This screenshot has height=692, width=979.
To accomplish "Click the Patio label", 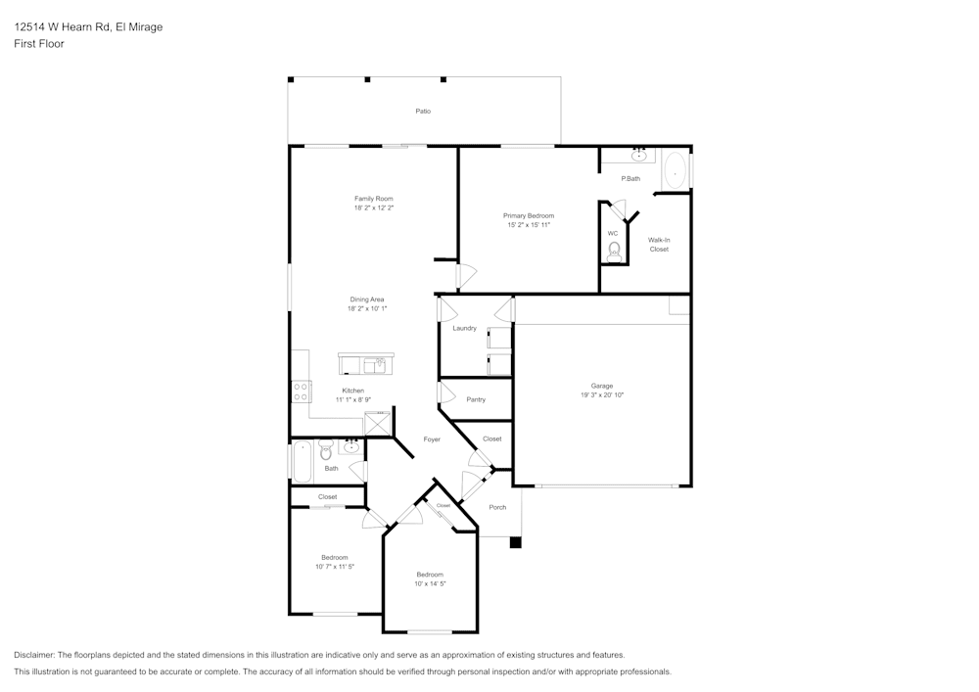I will pos(423,112).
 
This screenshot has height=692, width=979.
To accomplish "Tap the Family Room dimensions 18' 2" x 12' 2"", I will pos(374,208).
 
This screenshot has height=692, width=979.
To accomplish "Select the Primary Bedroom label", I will pos(529,215).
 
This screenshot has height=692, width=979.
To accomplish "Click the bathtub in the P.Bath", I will pos(675,170).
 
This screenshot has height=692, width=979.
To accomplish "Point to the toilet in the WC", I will pos(614,251).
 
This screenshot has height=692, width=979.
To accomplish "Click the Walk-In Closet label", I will pos(659,245).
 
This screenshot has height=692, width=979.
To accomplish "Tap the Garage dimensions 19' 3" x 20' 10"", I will pos(601,394).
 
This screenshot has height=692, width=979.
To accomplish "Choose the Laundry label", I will pos(464,328).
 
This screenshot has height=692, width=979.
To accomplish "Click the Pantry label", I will pos(476,399).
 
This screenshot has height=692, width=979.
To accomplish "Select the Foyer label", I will pos(432,439).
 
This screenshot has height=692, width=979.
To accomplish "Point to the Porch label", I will pos(497,507).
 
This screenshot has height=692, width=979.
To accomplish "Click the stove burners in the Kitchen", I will pos(301,392).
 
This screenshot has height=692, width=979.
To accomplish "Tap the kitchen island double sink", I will pos(375,365).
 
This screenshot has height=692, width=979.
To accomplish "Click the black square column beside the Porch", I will pos(516,542).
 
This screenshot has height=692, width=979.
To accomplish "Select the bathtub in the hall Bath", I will pos(302,460).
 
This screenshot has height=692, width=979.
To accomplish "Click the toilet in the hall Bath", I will pos(326,452).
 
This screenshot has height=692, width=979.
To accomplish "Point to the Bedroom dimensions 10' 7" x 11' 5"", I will pos(334,567).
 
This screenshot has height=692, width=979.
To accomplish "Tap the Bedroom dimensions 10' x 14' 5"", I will pos(430,584).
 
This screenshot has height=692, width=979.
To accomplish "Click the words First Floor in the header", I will pos(39,44).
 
